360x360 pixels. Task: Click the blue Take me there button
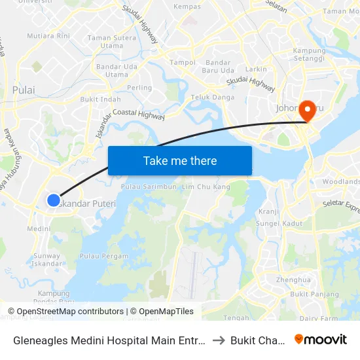tap(179, 160)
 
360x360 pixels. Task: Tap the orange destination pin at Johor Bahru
tap(306, 112)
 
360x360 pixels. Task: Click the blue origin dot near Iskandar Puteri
tap(54, 200)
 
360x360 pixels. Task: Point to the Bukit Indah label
tap(100, 99)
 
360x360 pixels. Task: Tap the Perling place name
tap(139, 88)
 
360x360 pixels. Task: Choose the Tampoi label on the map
tap(183, 63)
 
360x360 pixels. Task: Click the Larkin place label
tap(256, 69)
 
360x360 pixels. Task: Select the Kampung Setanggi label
tap(310, 55)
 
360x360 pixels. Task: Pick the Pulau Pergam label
tap(103, 256)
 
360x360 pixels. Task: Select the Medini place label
tap(39, 229)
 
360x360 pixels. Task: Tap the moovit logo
tap(321, 339)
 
